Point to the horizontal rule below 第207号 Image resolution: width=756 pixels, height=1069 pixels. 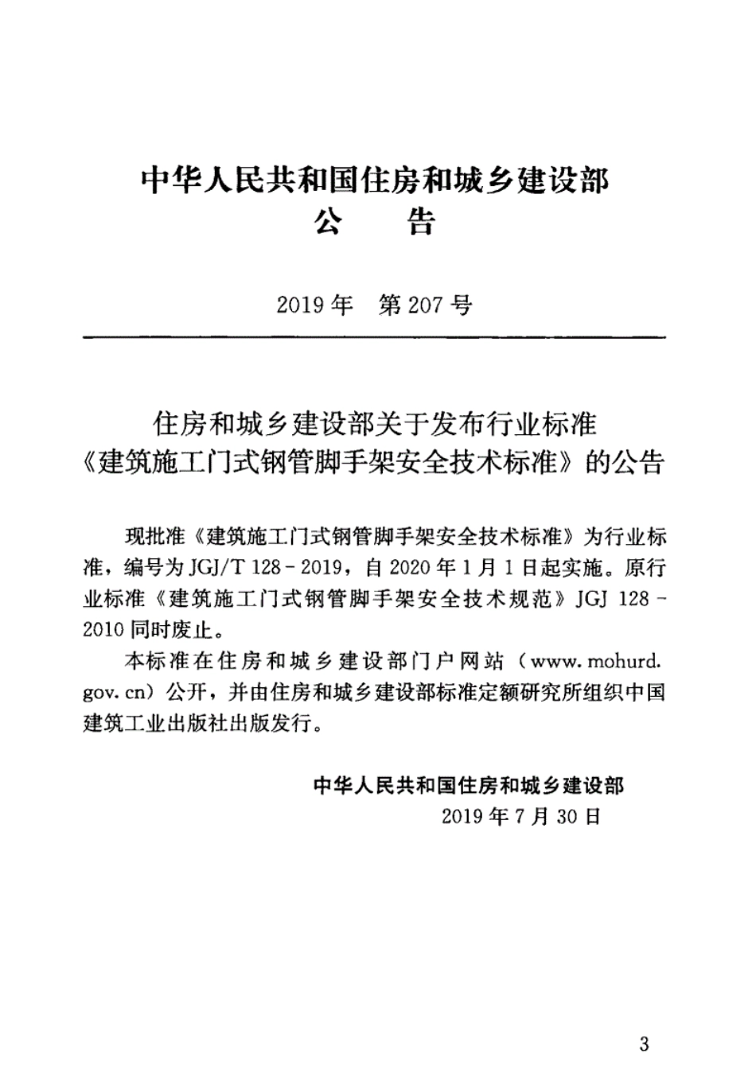pos(375,338)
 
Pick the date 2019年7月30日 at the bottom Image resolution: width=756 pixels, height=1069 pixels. pos(520,816)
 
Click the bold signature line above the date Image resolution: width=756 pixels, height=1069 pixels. pos(470,785)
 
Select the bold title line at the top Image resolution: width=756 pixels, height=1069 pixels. pos(375,181)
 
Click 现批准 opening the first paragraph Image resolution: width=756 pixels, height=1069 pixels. pos(154,537)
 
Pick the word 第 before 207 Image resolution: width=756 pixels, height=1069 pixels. pos(391,305)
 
